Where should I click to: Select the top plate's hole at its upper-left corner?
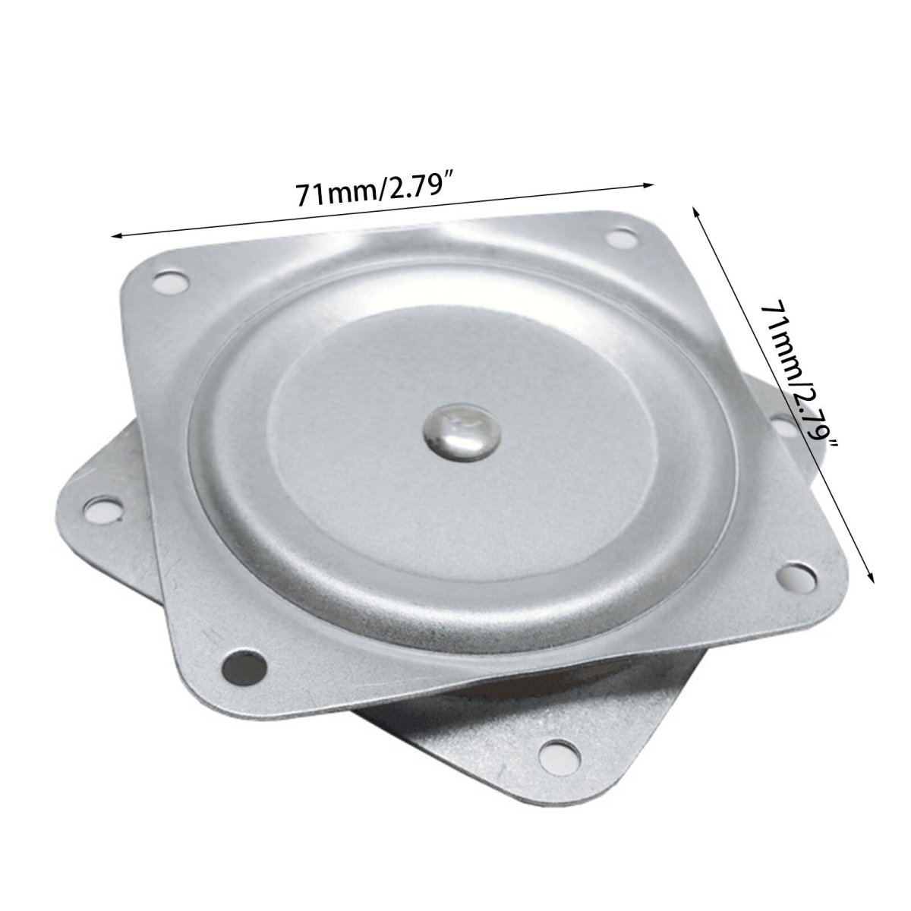(x=170, y=282)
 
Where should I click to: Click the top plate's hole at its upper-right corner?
(x=622, y=237)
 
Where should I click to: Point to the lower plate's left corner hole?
(x=103, y=508)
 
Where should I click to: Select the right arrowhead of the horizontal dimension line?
(x=648, y=184)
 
